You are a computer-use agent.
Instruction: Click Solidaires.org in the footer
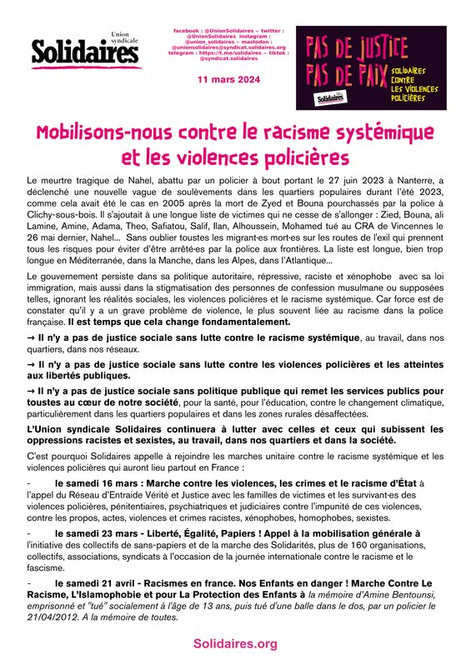coord(234,644)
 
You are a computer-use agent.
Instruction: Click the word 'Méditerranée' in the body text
coord(105,261)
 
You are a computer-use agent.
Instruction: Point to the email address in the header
coord(228,47)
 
